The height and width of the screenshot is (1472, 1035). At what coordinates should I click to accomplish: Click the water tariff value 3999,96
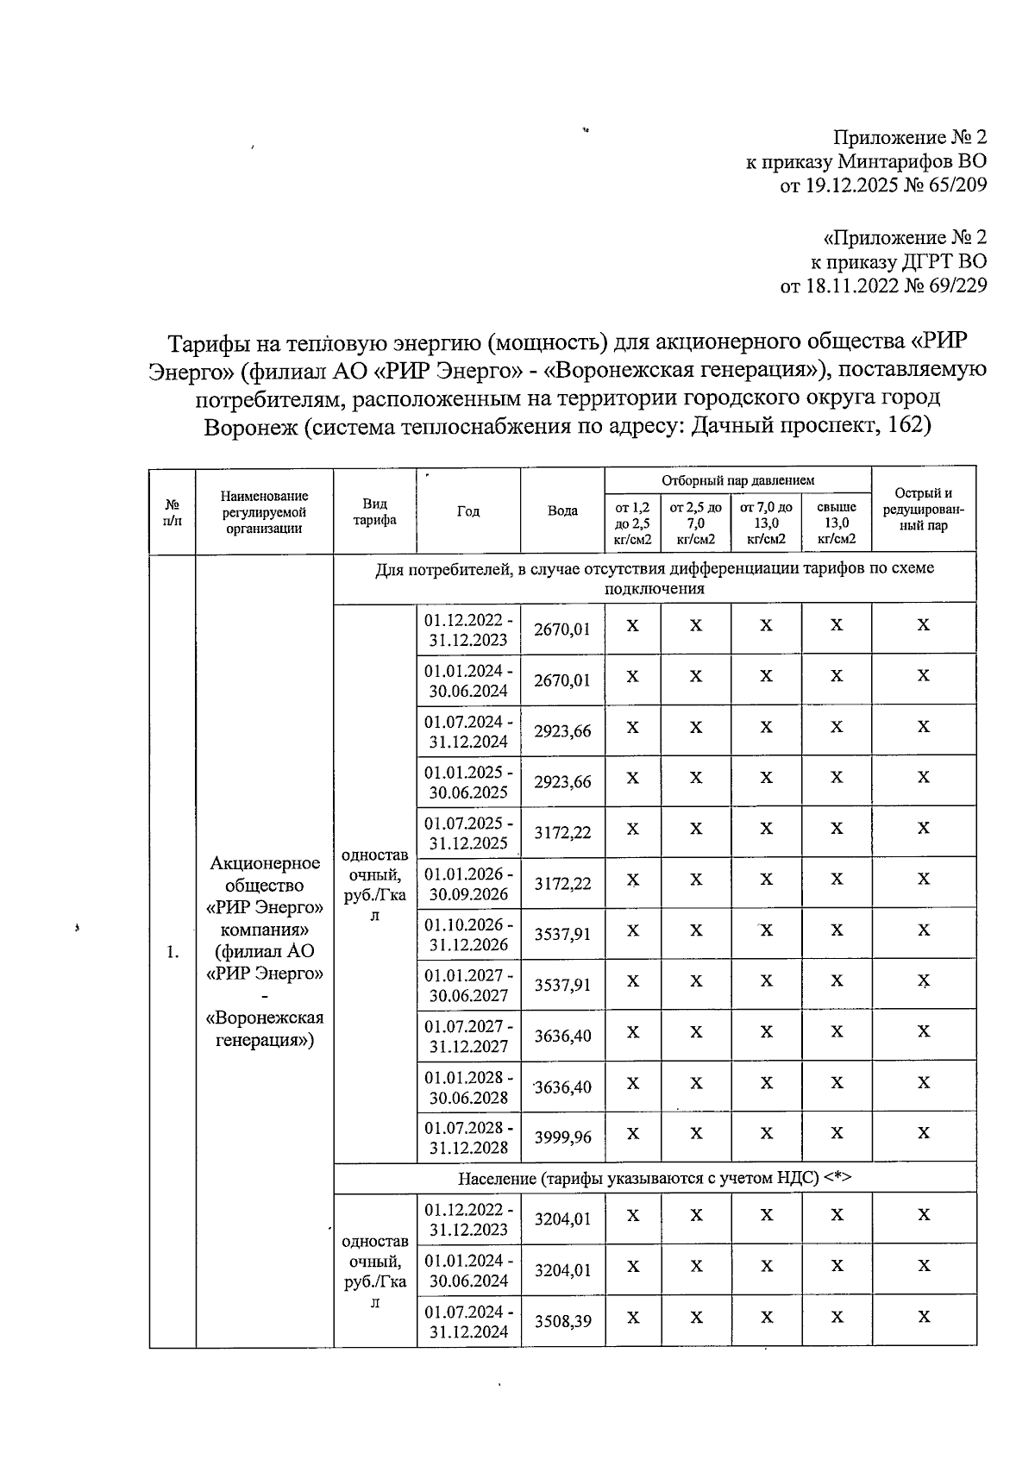point(562,1137)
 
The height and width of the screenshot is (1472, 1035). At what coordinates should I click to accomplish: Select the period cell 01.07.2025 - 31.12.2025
point(468,832)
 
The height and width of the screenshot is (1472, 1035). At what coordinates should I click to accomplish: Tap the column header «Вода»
point(562,511)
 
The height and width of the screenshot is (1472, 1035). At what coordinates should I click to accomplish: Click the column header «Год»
point(467,511)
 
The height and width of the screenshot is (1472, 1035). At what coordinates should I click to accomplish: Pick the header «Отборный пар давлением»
point(737,479)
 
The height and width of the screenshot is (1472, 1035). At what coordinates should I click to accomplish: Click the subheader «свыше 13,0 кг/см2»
point(836,523)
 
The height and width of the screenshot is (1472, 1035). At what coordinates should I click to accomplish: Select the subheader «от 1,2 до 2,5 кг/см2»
point(632,523)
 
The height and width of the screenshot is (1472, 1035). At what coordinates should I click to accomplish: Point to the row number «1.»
point(172,952)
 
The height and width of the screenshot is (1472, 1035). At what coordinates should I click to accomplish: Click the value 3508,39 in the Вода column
point(562,1321)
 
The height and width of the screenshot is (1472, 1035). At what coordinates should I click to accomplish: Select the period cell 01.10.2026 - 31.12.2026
point(468,934)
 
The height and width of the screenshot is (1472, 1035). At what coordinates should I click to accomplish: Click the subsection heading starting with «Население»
point(655,1178)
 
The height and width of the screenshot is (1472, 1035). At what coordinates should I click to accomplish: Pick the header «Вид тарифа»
point(375,511)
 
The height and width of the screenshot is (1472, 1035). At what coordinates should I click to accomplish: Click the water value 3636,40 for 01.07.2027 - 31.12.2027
point(562,1036)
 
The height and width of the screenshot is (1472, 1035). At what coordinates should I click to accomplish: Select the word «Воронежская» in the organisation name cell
point(265,1018)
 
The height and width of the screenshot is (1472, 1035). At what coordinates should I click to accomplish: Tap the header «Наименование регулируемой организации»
point(264,511)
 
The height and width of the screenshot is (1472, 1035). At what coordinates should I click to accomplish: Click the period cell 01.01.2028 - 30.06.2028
point(468,1087)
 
